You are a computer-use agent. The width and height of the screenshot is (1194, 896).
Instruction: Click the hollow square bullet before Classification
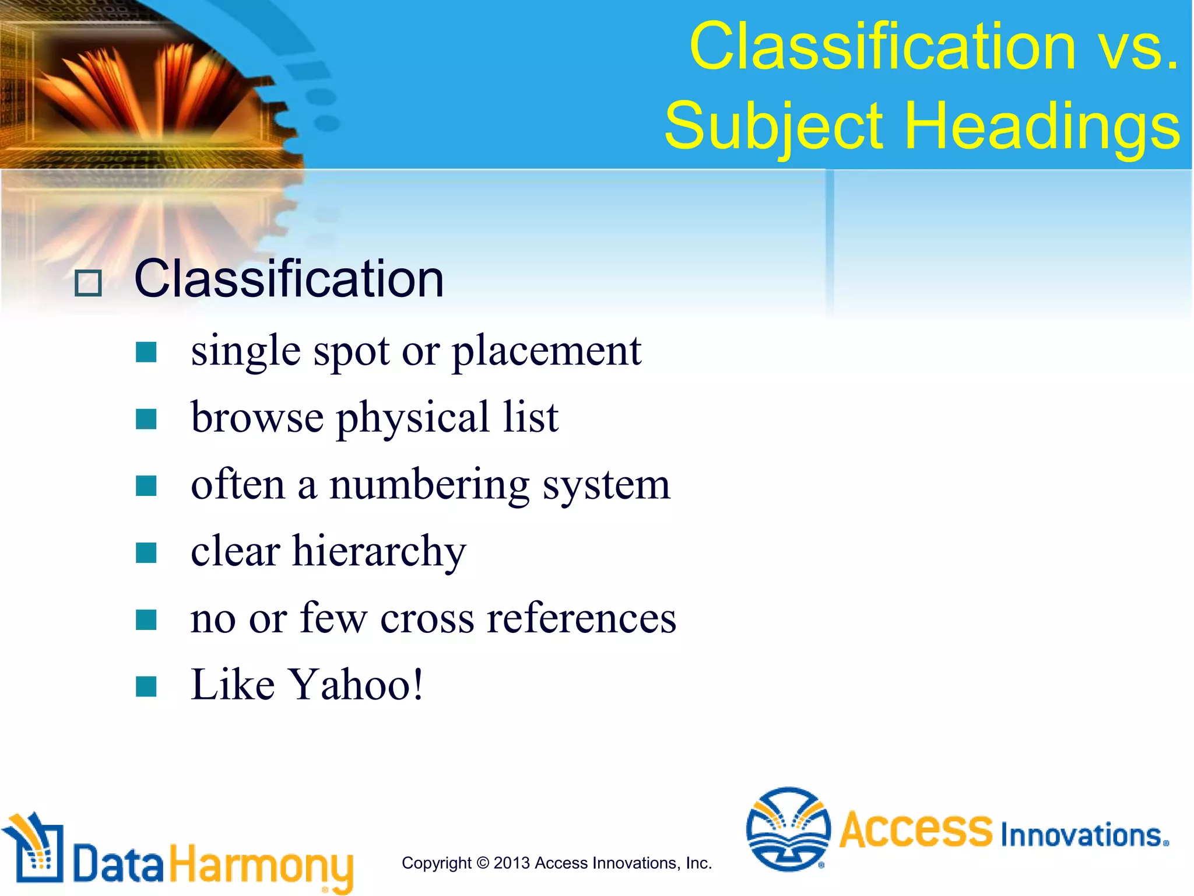click(x=88, y=283)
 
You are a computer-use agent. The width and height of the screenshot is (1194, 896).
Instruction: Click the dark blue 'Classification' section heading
click(x=289, y=279)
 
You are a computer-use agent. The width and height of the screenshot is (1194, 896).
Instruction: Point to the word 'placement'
click(x=546, y=352)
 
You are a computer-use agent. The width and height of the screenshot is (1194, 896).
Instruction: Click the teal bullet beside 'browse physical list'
click(x=146, y=419)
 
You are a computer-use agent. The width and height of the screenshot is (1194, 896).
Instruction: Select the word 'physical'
click(x=413, y=419)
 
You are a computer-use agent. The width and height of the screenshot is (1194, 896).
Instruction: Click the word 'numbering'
click(x=430, y=486)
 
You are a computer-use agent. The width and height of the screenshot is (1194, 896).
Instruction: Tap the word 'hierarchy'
click(x=379, y=552)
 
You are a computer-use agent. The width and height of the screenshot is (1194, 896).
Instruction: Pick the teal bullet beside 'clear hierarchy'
click(x=146, y=552)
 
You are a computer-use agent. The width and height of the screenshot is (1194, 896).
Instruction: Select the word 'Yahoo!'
click(x=357, y=685)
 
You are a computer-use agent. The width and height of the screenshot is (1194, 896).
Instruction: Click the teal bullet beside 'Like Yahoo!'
click(x=146, y=686)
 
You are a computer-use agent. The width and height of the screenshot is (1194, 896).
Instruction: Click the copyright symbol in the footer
click(x=483, y=863)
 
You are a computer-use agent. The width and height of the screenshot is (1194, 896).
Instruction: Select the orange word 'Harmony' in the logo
click(x=261, y=865)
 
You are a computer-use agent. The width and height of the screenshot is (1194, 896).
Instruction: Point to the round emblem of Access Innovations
click(x=788, y=829)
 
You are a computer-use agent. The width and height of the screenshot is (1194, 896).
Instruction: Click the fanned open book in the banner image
click(x=140, y=87)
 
